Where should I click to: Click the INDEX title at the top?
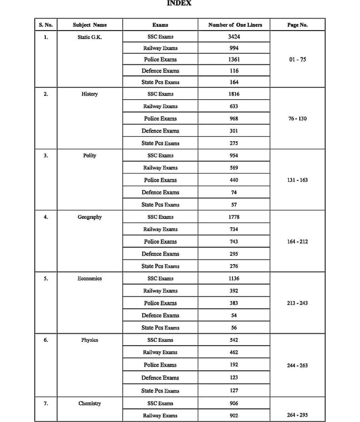point(179,3)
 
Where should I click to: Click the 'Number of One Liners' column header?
point(235,25)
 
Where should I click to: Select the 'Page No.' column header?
point(297,25)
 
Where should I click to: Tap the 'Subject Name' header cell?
point(90,25)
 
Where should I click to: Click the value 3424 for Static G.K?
point(234,36)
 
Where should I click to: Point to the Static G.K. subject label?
point(90,36)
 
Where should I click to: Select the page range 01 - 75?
point(297,60)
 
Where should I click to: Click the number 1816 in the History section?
point(234,94)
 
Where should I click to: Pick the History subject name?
point(90,94)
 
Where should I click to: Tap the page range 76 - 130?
point(297,119)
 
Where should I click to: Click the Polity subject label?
point(90,156)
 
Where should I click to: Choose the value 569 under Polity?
point(234,168)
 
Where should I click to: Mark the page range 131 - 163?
point(297,180)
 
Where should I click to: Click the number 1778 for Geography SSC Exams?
point(234,217)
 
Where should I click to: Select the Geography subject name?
point(90,217)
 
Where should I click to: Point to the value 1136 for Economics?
point(234,279)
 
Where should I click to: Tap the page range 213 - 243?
point(297,303)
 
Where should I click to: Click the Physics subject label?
point(90,340)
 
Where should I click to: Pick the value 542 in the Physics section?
point(234,340)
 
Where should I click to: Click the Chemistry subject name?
point(90,404)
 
